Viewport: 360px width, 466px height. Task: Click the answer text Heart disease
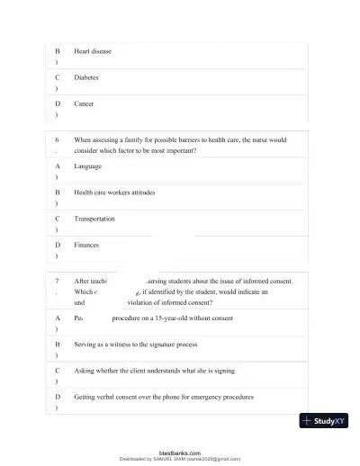93,51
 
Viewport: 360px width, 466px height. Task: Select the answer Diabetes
87,77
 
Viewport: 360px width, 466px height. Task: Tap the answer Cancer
84,104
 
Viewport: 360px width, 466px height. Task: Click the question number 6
57,140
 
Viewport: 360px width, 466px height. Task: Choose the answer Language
88,166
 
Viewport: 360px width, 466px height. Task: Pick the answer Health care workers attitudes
120,193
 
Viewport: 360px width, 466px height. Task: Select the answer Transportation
94,219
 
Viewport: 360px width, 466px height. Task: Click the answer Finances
87,245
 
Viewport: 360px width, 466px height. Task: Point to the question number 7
57,281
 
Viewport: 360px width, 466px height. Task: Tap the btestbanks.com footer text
180,453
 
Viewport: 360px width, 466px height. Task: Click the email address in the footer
213,459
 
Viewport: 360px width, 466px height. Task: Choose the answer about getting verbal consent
164,397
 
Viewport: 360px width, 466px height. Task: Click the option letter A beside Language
58,166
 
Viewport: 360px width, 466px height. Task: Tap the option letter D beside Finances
58,245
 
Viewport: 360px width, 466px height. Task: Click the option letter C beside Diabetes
58,77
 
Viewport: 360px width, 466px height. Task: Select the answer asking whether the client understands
155,370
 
